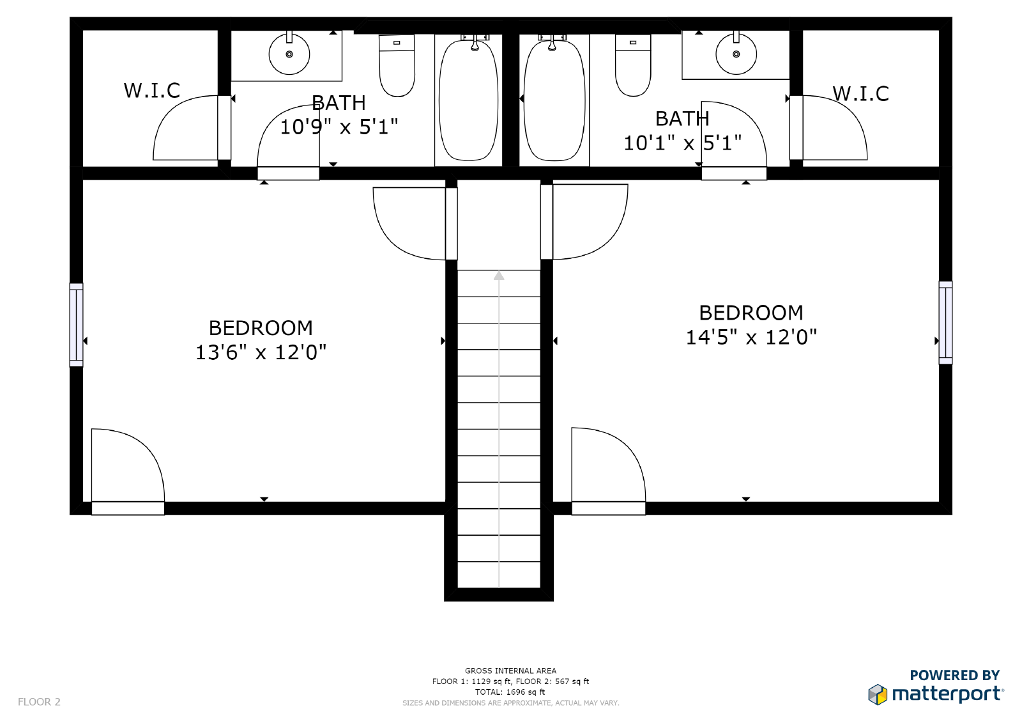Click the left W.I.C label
coord(152,91)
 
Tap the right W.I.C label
coord(860,94)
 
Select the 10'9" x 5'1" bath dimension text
coord(339,127)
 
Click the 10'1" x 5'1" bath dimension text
coord(682,143)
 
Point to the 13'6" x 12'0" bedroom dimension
coord(261,352)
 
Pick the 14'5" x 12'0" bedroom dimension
coord(751,338)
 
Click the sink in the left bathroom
coord(289,54)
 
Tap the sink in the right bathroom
coord(736,54)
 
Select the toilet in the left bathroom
coord(397,66)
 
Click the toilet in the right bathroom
coord(633,66)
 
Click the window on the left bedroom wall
coord(76,325)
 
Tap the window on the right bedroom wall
coord(945,323)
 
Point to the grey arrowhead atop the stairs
coord(499,276)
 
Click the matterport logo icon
coord(878,694)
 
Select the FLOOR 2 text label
coord(39,702)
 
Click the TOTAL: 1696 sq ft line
coord(510,692)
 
